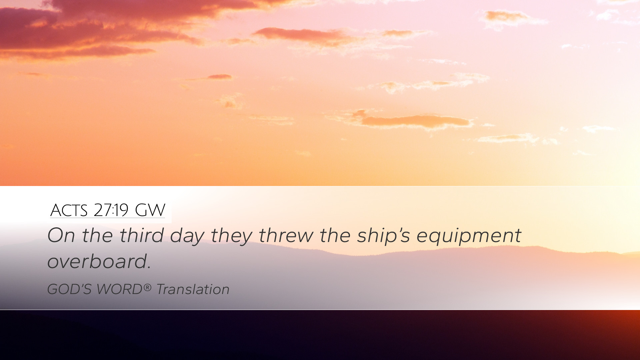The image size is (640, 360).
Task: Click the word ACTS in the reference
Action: pos(69,210)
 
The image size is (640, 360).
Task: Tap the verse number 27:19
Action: pos(111,210)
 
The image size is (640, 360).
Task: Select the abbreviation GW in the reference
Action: pos(150,210)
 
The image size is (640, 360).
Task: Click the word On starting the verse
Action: pos(61,235)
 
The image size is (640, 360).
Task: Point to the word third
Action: pos(142,235)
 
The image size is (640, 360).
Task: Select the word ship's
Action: pos(384,237)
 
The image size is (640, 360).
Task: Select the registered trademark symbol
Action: pos(148,287)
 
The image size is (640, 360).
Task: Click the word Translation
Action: pos(193,289)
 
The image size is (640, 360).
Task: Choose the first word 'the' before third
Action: pos(97,235)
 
